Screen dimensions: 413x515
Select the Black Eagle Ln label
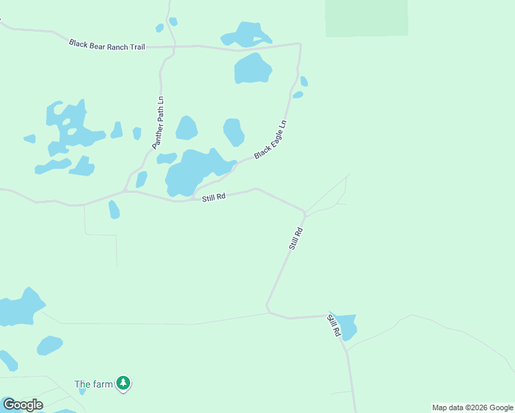(270, 140)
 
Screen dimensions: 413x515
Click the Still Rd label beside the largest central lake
(214, 197)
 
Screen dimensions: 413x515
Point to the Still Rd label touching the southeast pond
(334, 325)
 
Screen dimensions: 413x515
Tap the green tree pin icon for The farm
(123, 383)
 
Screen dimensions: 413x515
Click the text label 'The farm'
(93, 384)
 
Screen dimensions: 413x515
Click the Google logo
(23, 405)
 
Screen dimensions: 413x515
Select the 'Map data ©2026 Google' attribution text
(472, 407)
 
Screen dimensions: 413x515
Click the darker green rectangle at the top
(366, 17)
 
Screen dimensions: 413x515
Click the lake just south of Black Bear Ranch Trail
(253, 68)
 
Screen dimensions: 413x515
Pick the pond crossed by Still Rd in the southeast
(346, 326)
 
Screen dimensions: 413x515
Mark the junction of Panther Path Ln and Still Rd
(124, 191)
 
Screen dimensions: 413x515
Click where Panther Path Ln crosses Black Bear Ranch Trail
(174, 47)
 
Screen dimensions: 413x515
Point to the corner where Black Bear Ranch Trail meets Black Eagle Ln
(299, 45)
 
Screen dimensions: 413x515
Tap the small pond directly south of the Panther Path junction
(114, 209)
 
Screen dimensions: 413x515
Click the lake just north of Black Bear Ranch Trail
(246, 34)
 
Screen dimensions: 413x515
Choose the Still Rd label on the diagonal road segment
(296, 238)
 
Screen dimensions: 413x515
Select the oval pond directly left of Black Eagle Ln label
(234, 131)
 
